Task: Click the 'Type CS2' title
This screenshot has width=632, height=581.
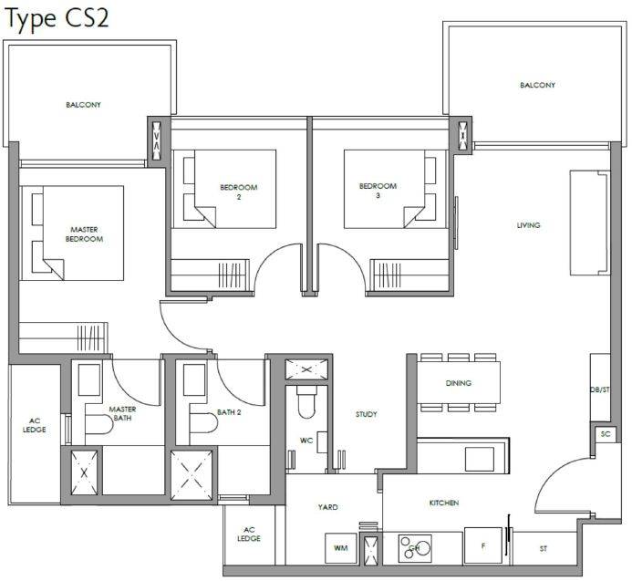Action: click(57, 19)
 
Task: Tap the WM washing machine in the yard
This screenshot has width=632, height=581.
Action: click(340, 548)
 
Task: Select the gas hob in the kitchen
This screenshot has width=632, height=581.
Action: click(415, 548)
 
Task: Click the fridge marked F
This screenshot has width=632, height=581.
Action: click(482, 545)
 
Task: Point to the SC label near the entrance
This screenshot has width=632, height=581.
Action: click(606, 434)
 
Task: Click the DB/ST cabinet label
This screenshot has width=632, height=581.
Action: click(600, 389)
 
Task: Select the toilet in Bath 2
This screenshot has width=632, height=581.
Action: click(203, 423)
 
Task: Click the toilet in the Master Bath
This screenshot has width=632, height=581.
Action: click(98, 424)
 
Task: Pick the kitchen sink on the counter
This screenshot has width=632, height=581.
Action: click(480, 459)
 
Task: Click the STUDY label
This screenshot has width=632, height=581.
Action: click(367, 414)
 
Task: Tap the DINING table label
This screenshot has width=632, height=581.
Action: click(459, 383)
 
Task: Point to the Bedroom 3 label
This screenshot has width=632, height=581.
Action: click(378, 191)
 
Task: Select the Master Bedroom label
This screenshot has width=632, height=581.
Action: click(84, 234)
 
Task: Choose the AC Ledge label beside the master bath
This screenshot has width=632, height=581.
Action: click(35, 425)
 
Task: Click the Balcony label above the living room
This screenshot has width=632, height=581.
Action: click(537, 85)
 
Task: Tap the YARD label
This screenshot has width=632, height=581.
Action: click(327, 507)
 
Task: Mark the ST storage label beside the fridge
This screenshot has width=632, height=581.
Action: click(544, 548)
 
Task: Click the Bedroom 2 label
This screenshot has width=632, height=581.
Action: click(239, 192)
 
